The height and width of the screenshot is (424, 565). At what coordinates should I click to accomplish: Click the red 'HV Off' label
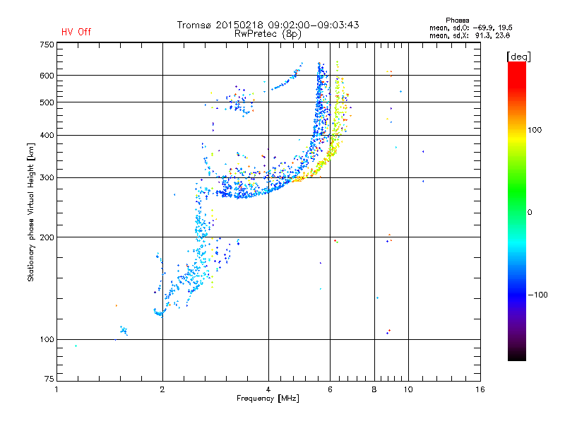[76, 32]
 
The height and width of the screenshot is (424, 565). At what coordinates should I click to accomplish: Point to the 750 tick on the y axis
[47, 45]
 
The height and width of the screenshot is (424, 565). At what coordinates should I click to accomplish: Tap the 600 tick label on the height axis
[47, 76]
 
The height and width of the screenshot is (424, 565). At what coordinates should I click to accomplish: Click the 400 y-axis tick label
[47, 135]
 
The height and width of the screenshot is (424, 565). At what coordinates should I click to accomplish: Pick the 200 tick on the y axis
[47, 237]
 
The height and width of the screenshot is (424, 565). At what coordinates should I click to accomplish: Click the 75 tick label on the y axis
[49, 380]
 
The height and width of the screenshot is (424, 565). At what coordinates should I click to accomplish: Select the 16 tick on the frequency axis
[480, 389]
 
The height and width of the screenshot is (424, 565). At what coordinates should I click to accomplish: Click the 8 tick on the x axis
[374, 389]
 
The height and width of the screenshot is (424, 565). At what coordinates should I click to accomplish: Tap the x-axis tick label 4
[268, 389]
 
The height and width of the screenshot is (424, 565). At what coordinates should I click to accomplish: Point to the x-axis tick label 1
[56, 389]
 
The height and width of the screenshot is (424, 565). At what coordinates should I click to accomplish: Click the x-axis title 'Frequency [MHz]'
[268, 399]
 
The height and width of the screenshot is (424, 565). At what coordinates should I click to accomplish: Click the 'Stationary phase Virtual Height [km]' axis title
[31, 212]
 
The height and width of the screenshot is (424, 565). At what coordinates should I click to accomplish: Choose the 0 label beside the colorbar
[530, 212]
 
